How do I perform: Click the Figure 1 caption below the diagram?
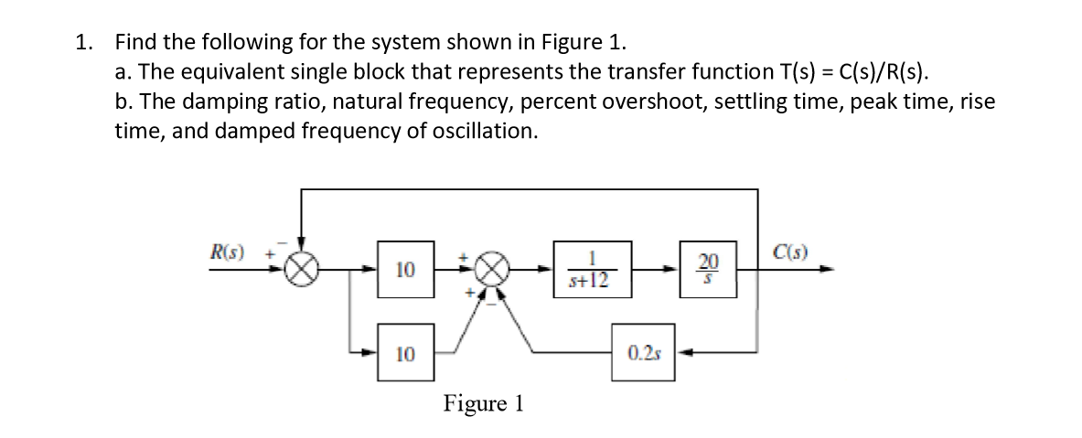pyautogui.click(x=483, y=403)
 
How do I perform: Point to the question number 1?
pyautogui.click(x=85, y=42)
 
